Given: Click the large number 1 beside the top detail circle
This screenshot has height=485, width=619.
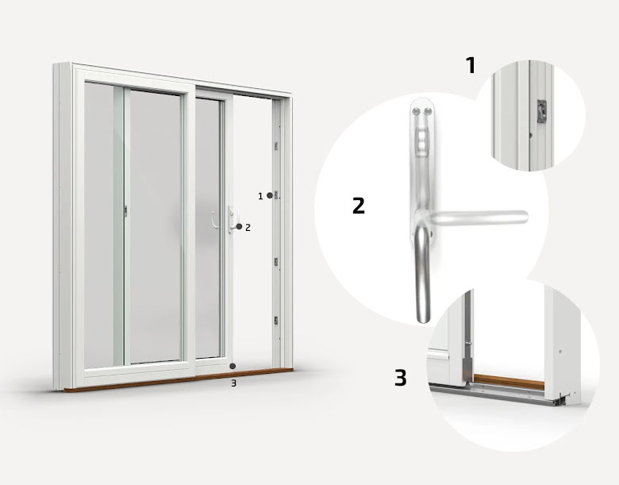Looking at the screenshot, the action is [471, 65].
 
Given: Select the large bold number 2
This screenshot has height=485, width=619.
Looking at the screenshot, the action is [359, 206].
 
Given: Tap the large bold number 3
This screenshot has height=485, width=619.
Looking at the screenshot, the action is [400, 378].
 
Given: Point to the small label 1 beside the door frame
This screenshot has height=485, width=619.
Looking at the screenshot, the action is [260, 196].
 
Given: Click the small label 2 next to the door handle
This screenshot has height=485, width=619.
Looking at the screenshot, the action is [248, 228].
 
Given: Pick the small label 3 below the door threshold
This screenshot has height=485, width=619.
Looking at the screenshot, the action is [233, 383].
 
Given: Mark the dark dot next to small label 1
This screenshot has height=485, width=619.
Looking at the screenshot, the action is [270, 195].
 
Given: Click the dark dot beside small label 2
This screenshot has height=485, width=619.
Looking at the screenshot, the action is [239, 226].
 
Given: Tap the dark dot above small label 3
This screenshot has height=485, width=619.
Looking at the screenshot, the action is [233, 366].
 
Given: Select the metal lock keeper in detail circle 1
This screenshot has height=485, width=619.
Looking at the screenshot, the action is [541, 111].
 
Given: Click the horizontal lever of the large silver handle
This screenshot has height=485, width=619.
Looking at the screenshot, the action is [479, 217].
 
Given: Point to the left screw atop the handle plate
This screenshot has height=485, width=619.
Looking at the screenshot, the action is [416, 112].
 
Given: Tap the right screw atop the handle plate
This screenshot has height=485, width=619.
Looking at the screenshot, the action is [427, 112].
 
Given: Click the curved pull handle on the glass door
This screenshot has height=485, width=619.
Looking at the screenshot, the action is [214, 220].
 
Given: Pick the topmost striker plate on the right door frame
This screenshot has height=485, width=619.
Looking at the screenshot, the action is [276, 146].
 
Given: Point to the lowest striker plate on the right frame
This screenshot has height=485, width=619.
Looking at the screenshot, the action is [276, 321].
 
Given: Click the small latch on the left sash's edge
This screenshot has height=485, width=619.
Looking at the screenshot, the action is [125, 211].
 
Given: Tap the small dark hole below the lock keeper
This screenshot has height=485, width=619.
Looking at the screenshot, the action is [531, 136].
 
